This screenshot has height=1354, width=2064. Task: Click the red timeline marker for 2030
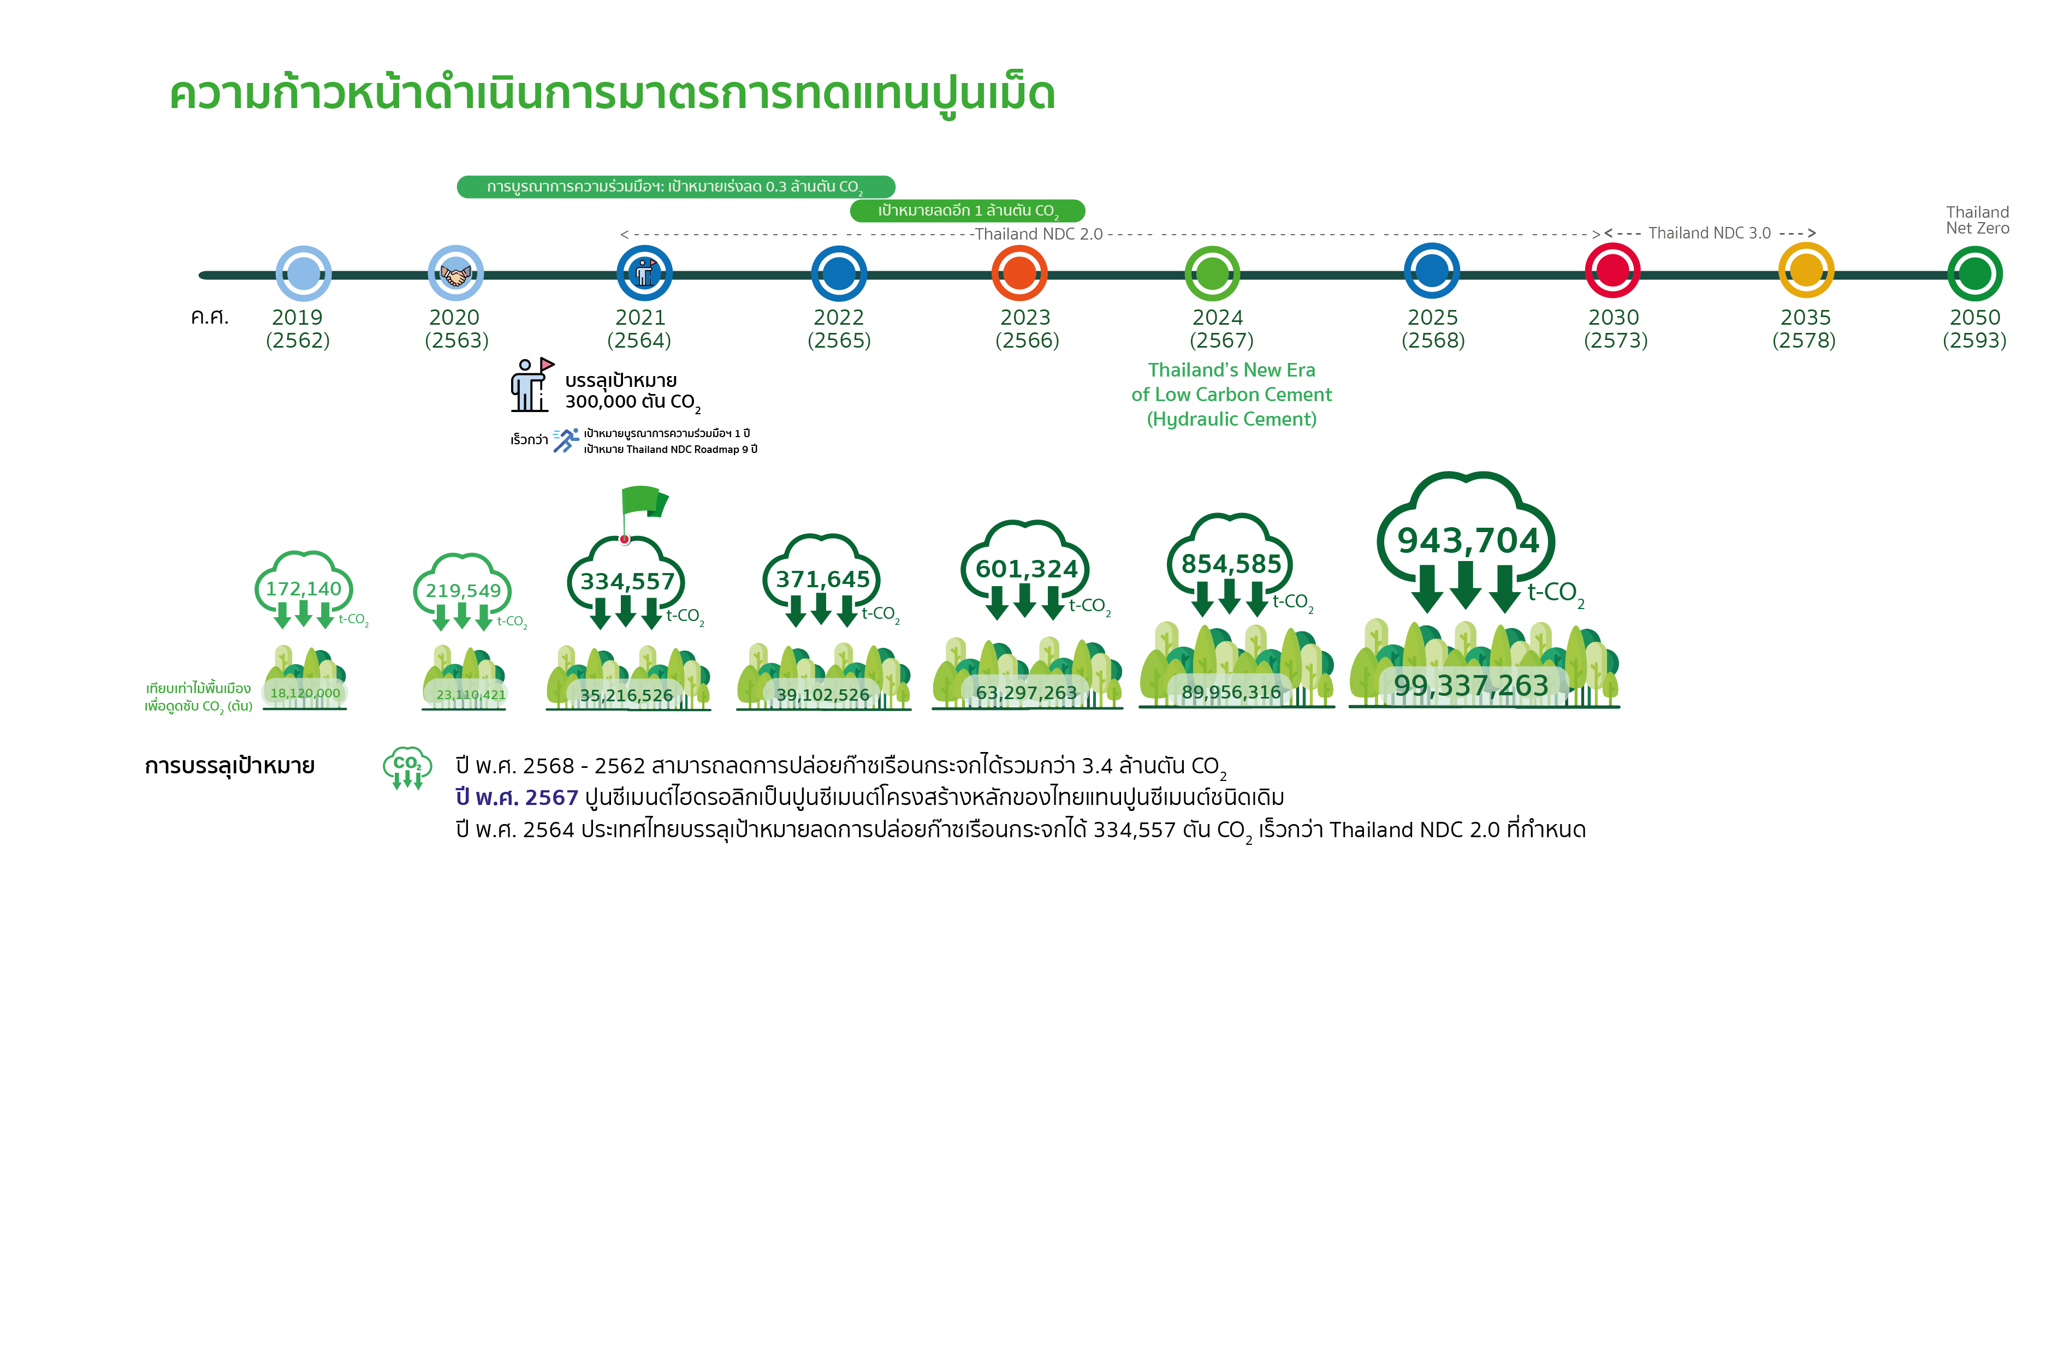[1612, 271]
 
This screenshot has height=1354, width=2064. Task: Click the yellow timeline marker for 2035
[1806, 271]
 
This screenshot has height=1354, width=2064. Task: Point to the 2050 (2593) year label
[1974, 329]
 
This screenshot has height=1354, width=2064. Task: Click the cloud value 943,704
[1468, 540]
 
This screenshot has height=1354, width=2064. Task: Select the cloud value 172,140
[304, 588]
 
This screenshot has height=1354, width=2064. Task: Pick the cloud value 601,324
[1027, 569]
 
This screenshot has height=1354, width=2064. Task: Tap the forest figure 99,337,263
[1471, 685]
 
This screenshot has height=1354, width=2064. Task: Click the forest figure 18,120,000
[305, 694]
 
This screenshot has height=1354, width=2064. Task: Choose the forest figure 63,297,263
[1026, 693]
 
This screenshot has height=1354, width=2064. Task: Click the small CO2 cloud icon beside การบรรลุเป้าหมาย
[407, 768]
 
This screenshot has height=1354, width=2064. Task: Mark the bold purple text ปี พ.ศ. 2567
[517, 797]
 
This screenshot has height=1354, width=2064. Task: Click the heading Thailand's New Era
[1231, 370]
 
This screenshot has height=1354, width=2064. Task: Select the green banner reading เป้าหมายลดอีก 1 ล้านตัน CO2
[967, 211]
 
